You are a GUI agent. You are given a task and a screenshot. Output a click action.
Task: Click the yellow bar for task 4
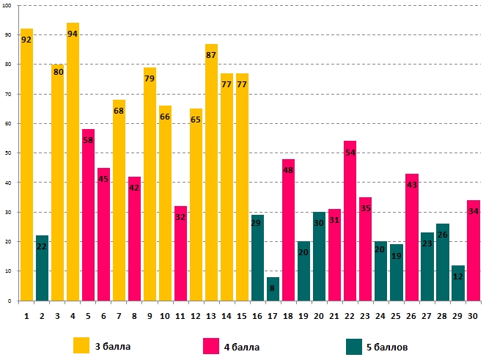click(x=73, y=169)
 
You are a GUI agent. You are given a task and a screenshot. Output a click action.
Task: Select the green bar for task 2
click(x=42, y=271)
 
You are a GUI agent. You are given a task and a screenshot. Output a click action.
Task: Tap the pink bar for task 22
click(x=350, y=227)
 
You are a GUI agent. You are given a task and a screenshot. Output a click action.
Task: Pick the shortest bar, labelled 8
click(x=273, y=289)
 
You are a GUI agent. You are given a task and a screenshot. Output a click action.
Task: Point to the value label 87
click(x=211, y=55)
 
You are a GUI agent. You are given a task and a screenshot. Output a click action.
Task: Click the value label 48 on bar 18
click(x=288, y=170)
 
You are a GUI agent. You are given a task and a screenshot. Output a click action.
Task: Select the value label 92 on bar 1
click(x=26, y=40)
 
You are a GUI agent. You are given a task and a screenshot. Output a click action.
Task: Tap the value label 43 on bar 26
click(x=411, y=185)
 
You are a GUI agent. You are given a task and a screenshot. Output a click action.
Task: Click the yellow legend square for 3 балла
click(x=82, y=345)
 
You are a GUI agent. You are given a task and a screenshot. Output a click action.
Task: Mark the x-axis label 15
click(x=242, y=315)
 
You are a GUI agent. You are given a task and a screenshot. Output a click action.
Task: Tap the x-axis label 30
click(x=473, y=315)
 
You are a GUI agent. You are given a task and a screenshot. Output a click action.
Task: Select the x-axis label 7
click(x=119, y=315)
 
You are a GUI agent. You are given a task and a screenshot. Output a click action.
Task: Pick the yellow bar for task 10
click(x=165, y=213)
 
